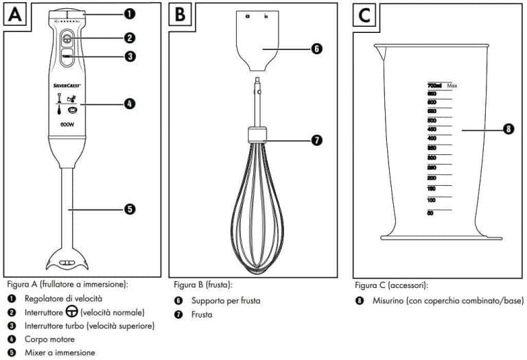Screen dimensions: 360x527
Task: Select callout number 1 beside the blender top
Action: [130, 13]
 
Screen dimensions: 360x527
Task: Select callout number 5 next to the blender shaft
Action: [130, 209]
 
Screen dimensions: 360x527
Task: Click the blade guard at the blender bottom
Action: [67, 261]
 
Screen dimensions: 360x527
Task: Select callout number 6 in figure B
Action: [316, 49]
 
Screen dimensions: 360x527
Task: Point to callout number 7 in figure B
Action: [316, 140]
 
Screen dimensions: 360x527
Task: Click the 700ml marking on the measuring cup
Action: [433, 86]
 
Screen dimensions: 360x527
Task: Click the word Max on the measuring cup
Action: [452, 86]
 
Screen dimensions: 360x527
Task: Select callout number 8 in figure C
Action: [508, 128]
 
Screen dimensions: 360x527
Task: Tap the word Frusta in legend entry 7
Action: [202, 314]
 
